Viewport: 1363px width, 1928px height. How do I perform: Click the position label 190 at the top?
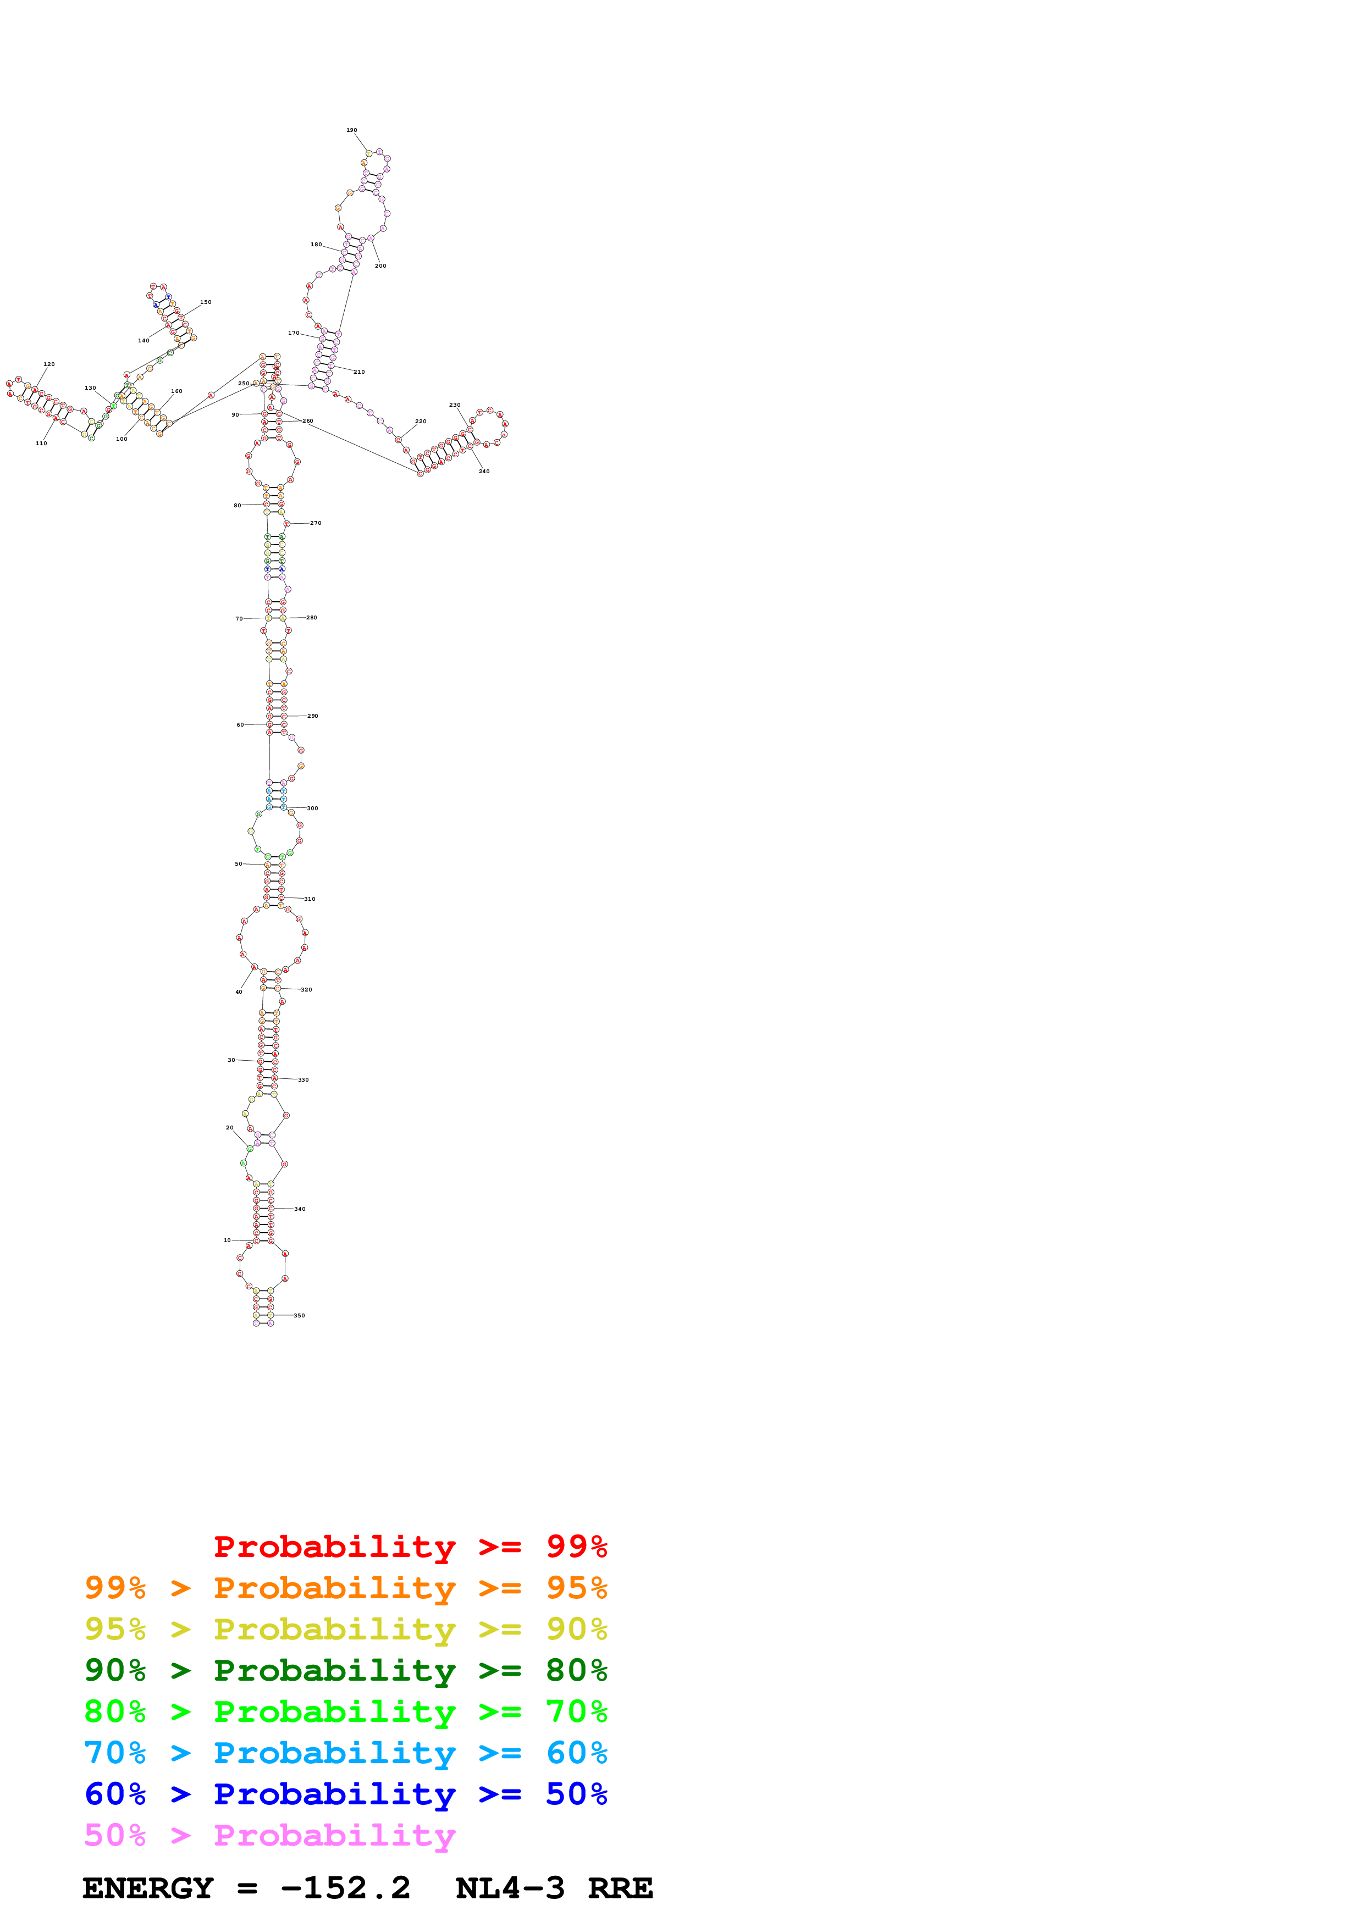[352, 130]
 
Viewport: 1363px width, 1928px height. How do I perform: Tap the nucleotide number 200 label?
[380, 265]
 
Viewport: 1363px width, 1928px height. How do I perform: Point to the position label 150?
[206, 302]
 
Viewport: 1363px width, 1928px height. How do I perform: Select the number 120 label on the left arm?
[49, 364]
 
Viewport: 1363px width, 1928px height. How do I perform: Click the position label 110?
[41, 444]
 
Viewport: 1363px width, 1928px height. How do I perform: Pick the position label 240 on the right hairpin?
[484, 471]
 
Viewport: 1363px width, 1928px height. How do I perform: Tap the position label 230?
[454, 405]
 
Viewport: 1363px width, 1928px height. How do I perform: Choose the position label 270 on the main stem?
[316, 523]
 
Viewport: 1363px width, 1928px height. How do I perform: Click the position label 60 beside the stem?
[240, 725]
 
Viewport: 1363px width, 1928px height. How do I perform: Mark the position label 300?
[312, 808]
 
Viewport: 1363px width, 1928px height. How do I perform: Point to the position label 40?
[239, 991]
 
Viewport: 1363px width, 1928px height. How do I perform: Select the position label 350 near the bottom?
[299, 1316]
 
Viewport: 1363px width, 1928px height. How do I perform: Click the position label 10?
[227, 1240]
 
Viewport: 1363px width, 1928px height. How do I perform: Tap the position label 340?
[300, 1209]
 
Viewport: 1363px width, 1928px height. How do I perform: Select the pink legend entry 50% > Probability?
[269, 1836]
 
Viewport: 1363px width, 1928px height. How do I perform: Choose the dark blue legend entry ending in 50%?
[345, 1794]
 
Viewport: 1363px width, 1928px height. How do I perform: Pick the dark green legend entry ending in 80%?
[345, 1671]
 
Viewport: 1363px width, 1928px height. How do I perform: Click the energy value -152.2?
[345, 1888]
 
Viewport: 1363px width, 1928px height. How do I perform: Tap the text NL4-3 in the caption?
[510, 1888]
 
